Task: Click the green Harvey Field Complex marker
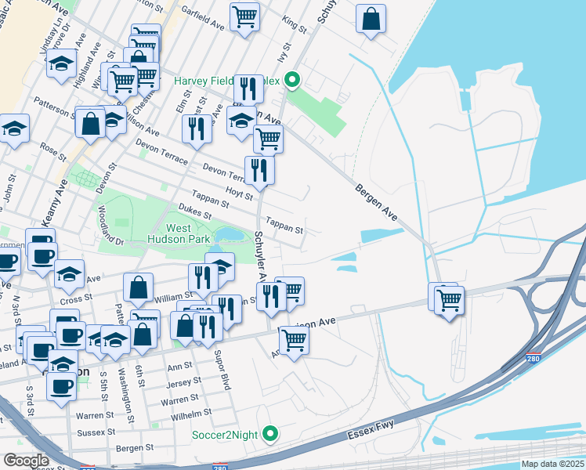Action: click(293, 79)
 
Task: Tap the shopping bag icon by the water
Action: click(371, 19)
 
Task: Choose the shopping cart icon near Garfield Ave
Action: click(244, 16)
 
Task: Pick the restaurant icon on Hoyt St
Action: click(259, 170)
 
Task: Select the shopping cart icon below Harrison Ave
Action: click(294, 340)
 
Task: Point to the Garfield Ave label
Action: click(203, 25)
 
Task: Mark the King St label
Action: click(296, 25)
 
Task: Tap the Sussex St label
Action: click(97, 432)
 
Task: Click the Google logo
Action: click(26, 460)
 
